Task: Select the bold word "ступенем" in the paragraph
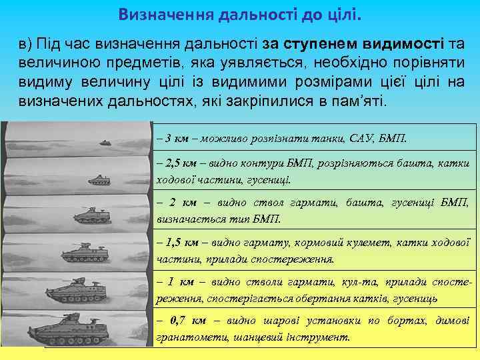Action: pos(323,43)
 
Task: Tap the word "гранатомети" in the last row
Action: pos(189,337)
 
